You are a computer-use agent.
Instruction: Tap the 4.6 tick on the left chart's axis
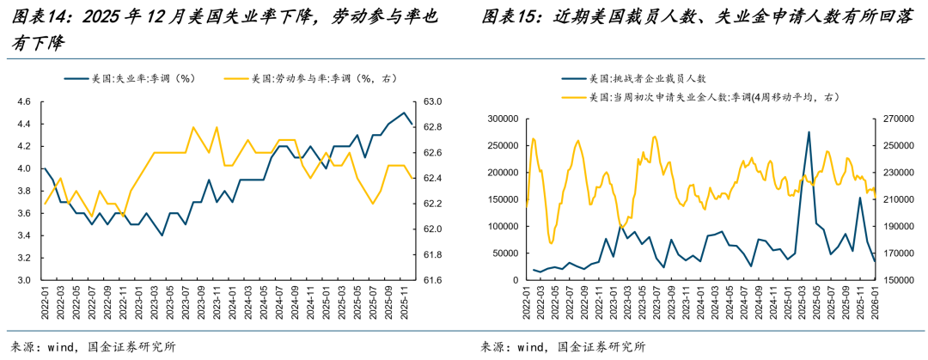point(23,101)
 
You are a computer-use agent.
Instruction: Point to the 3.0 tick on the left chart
point(23,280)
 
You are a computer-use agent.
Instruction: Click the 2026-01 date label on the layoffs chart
point(874,302)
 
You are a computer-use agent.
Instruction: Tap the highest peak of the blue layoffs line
point(809,132)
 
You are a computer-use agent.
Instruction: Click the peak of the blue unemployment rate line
point(405,113)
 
